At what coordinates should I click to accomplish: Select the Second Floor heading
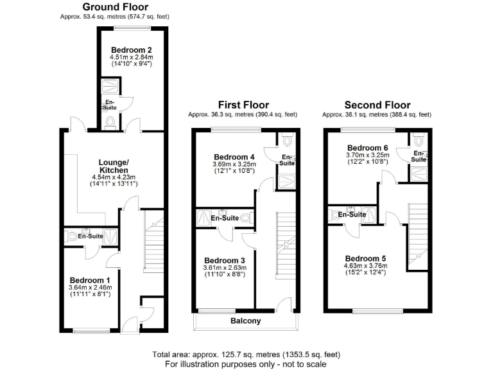[377, 105]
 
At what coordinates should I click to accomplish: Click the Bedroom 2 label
[131, 49]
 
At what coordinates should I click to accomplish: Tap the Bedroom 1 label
[91, 280]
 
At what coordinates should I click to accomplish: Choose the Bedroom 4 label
[234, 157]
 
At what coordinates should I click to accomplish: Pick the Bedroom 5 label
[366, 258]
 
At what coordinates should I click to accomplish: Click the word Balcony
[245, 321]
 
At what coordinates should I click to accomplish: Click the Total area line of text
[246, 355]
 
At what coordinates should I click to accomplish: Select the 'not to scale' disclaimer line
[246, 364]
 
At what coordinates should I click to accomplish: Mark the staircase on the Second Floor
[417, 231]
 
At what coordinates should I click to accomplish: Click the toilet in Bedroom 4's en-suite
[287, 139]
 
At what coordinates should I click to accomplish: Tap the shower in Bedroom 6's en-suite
[419, 172]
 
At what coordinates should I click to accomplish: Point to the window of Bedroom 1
[86, 331]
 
